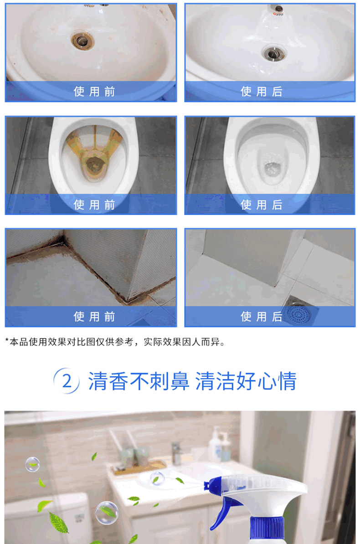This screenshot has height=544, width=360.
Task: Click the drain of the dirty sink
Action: coord(82,41)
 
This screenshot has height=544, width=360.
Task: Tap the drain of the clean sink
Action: coord(274,53)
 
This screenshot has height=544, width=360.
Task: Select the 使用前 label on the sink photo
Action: coord(94,92)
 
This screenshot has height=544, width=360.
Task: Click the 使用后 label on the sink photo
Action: coord(262,92)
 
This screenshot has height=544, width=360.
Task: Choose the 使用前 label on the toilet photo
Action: coord(94,205)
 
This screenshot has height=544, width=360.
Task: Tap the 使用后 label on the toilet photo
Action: coord(262,205)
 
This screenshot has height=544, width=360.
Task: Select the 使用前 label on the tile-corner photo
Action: coord(94,316)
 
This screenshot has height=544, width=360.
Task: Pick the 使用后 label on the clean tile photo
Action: coord(262,316)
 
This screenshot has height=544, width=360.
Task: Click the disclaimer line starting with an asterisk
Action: coord(115,342)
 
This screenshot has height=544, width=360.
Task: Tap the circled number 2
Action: coord(67,381)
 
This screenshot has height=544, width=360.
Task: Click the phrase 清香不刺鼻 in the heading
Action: coord(139,381)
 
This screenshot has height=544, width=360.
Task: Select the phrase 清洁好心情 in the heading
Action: coord(246,381)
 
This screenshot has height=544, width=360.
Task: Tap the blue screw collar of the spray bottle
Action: coord(267,529)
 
